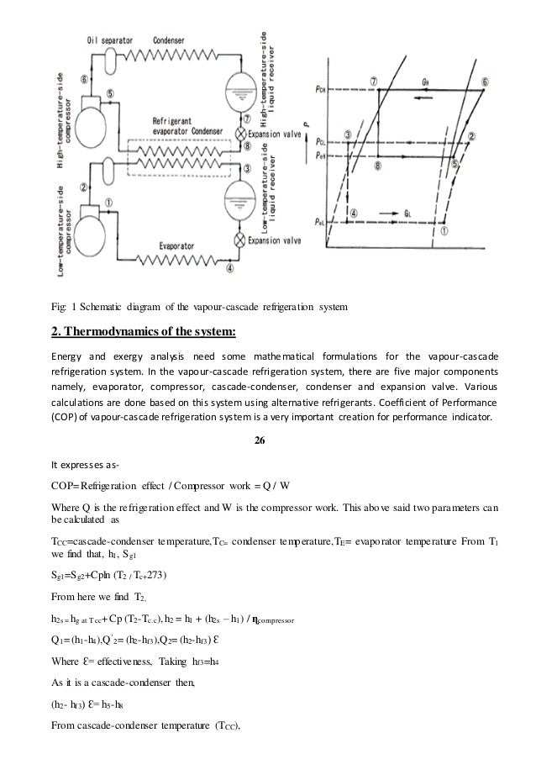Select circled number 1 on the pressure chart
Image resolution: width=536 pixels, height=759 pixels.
coord(443,228)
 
